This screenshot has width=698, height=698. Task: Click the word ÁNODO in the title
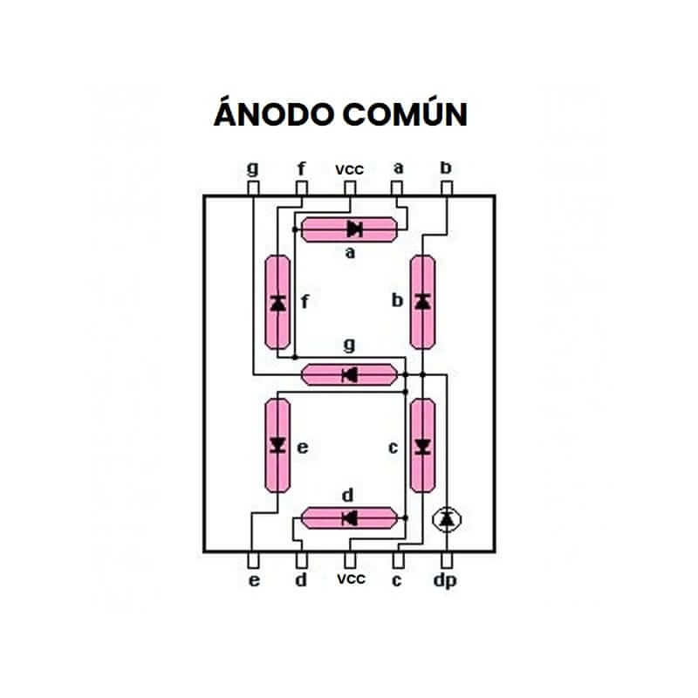pos(272,114)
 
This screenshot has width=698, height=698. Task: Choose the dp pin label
pos(448,581)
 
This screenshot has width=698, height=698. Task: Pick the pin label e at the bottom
pos(254,580)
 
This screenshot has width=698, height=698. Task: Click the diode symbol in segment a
pos(354,229)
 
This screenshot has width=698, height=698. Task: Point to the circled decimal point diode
pos(448,519)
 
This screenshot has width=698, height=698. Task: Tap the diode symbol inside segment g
pos(349,375)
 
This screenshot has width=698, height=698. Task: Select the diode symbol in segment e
pos(278,445)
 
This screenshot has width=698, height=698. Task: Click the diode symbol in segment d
pos(349,518)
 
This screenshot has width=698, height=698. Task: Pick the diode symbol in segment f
pos(278,303)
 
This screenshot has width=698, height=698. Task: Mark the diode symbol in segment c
pos(423,446)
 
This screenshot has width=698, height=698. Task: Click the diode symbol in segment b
pos(423,302)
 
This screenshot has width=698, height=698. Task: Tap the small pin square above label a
pos(398,188)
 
